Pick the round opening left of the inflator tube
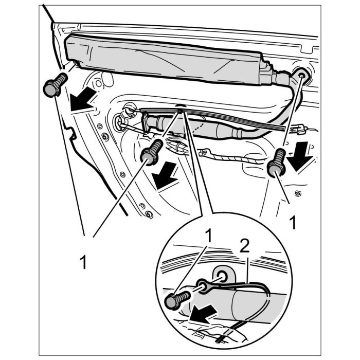tap(122, 123)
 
